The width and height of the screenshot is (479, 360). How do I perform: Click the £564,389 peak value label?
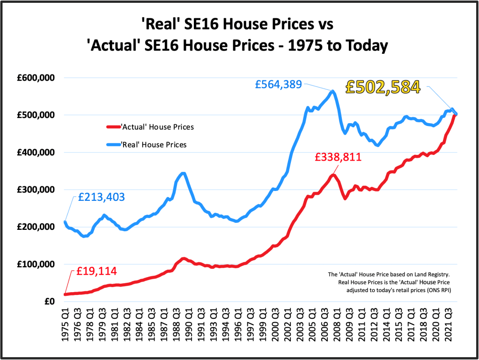[279, 85]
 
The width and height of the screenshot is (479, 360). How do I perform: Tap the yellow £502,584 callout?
[382, 87]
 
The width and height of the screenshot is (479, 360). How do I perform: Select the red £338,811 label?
[338, 157]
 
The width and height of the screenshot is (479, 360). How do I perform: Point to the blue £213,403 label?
[101, 197]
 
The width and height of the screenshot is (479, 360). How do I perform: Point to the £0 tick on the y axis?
[50, 301]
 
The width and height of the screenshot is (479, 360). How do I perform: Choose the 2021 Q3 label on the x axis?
[449, 324]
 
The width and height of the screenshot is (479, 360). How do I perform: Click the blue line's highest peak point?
[332, 91]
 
